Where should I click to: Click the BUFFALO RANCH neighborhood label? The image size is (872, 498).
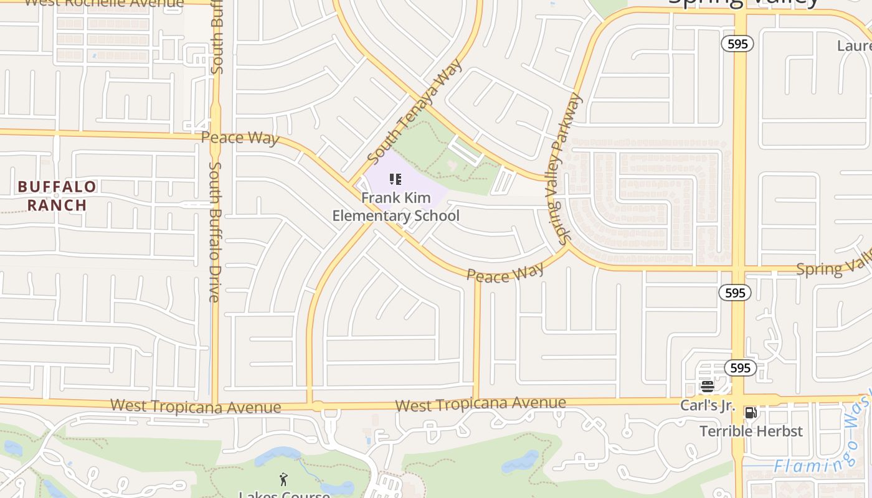click(57, 195)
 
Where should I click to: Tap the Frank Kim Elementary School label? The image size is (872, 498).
click(396, 207)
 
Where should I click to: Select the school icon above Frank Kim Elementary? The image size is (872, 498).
click(396, 180)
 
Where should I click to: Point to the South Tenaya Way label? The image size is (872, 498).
click(415, 111)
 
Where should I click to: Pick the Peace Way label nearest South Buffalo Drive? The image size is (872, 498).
click(240, 138)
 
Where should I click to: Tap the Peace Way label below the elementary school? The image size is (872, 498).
click(505, 273)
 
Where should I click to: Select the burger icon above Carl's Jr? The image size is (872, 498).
click(707, 387)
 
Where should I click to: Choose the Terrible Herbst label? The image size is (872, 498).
click(751, 431)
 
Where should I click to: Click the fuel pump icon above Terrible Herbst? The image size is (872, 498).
click(751, 412)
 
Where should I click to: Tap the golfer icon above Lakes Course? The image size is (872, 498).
click(284, 479)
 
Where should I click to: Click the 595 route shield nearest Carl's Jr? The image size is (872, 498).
click(740, 368)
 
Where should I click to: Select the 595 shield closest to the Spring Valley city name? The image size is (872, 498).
click(738, 44)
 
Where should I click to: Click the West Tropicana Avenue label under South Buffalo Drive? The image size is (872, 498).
click(196, 406)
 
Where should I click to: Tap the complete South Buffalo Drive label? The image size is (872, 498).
click(215, 232)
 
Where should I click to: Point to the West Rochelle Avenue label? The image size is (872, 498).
click(103, 3)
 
